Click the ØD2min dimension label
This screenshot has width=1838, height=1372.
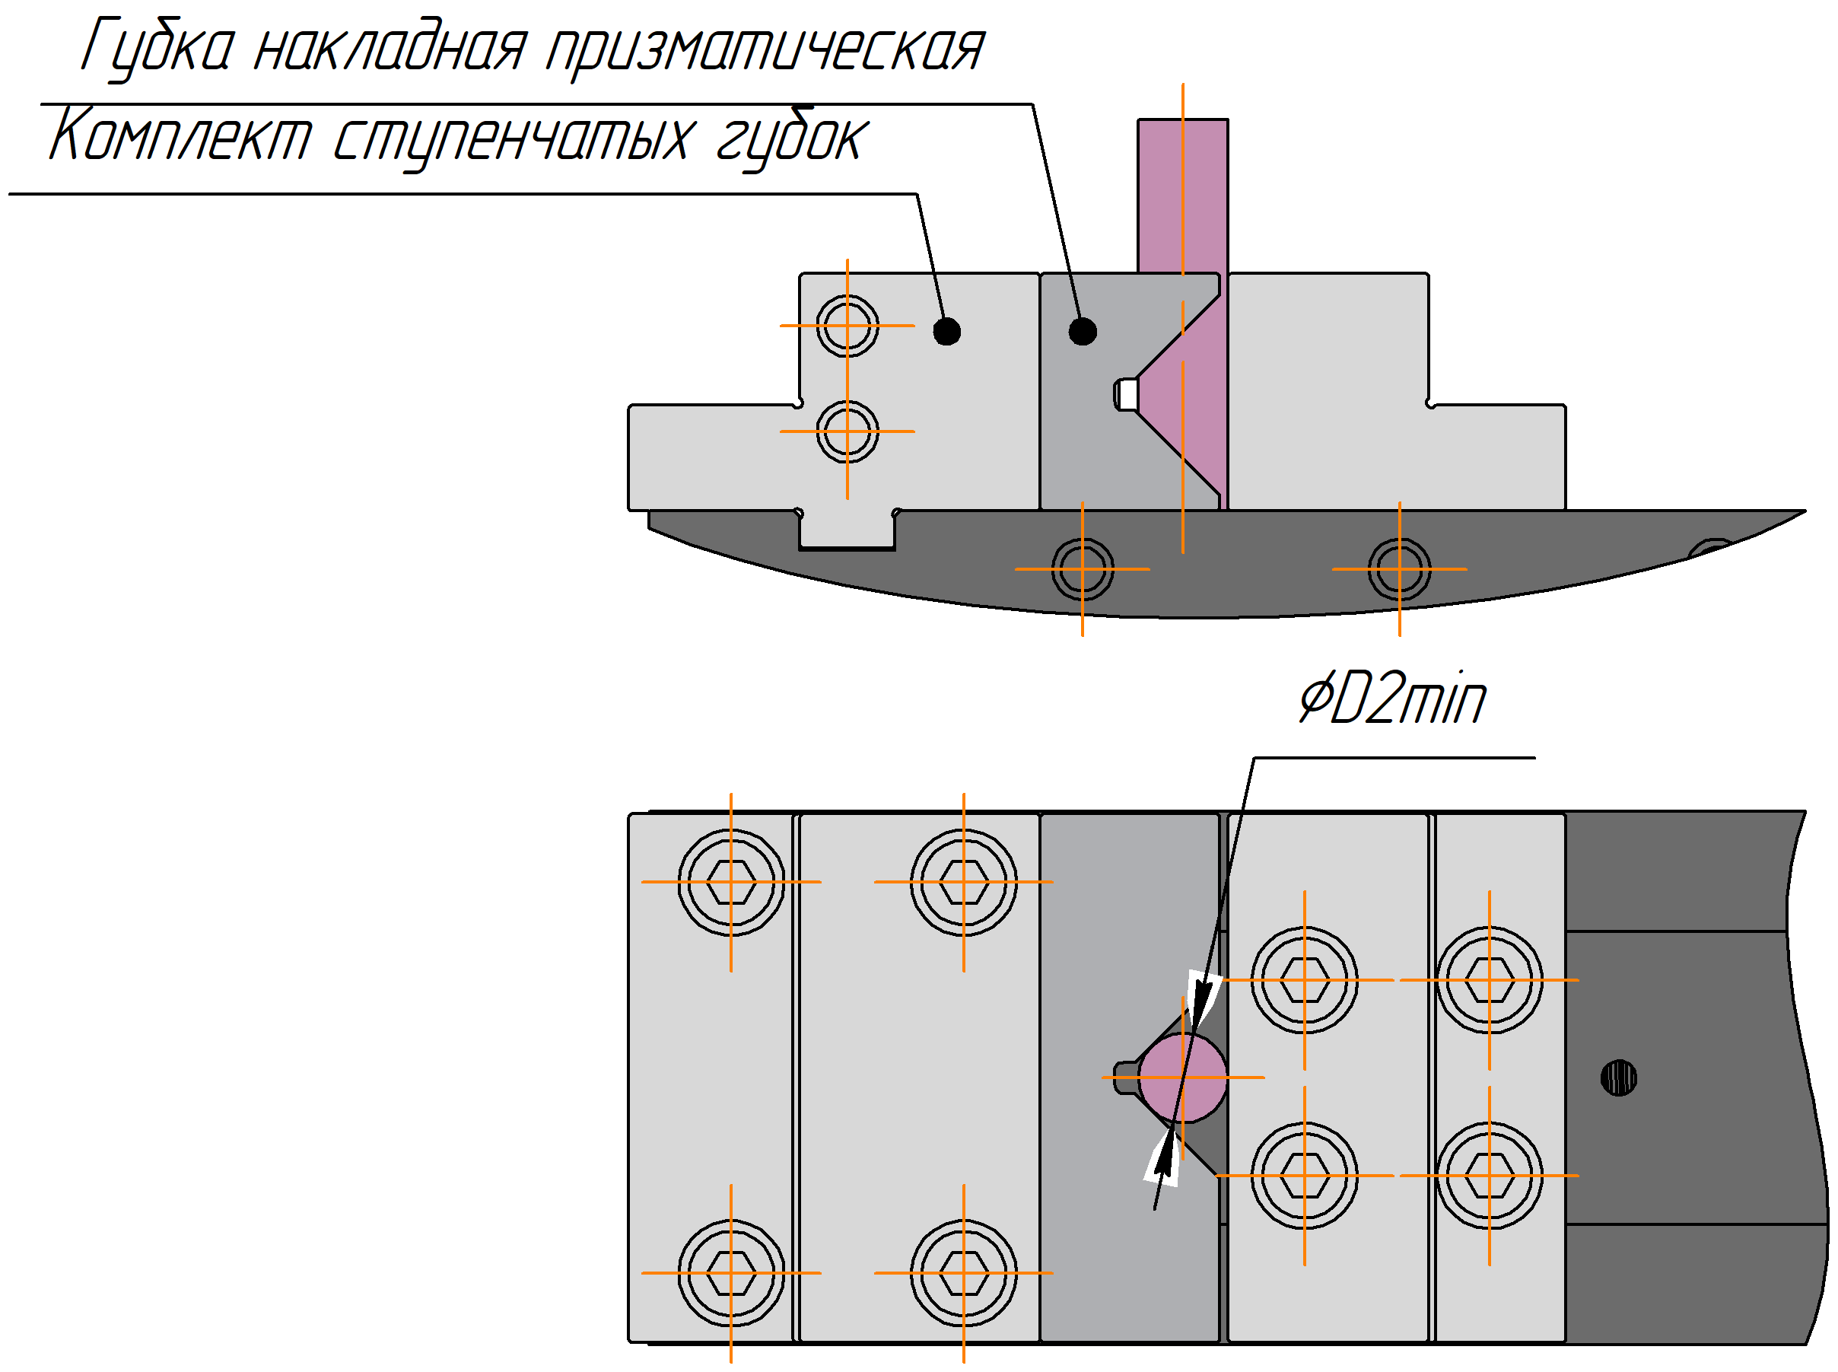pyautogui.click(x=1392, y=699)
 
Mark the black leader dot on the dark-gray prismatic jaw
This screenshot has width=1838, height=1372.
pyautogui.click(x=1082, y=331)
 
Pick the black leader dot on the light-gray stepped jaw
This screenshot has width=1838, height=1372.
pyautogui.click(x=946, y=331)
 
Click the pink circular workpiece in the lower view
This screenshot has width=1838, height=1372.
pyautogui.click(x=1182, y=1078)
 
